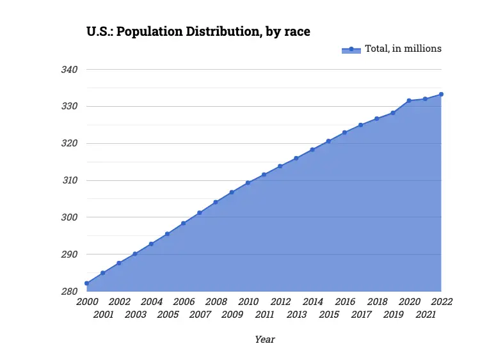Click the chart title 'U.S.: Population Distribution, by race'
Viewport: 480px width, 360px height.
click(x=198, y=31)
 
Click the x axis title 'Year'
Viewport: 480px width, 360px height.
click(x=264, y=340)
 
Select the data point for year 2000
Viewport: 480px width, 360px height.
click(x=87, y=283)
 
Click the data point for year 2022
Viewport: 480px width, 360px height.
click(x=441, y=94)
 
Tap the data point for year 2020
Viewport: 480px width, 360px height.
click(x=409, y=100)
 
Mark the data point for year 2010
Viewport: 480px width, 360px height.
click(x=248, y=183)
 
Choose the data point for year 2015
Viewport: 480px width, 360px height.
click(x=328, y=141)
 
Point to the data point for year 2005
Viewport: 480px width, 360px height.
click(x=167, y=234)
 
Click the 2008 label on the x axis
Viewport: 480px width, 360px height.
click(x=216, y=302)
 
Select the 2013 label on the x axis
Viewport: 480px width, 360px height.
click(x=296, y=315)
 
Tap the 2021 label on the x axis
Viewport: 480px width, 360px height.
click(x=425, y=315)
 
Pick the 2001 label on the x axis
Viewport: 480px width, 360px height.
click(x=103, y=315)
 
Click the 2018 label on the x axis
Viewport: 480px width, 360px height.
click(x=377, y=302)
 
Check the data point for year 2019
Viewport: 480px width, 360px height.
click(x=393, y=113)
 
